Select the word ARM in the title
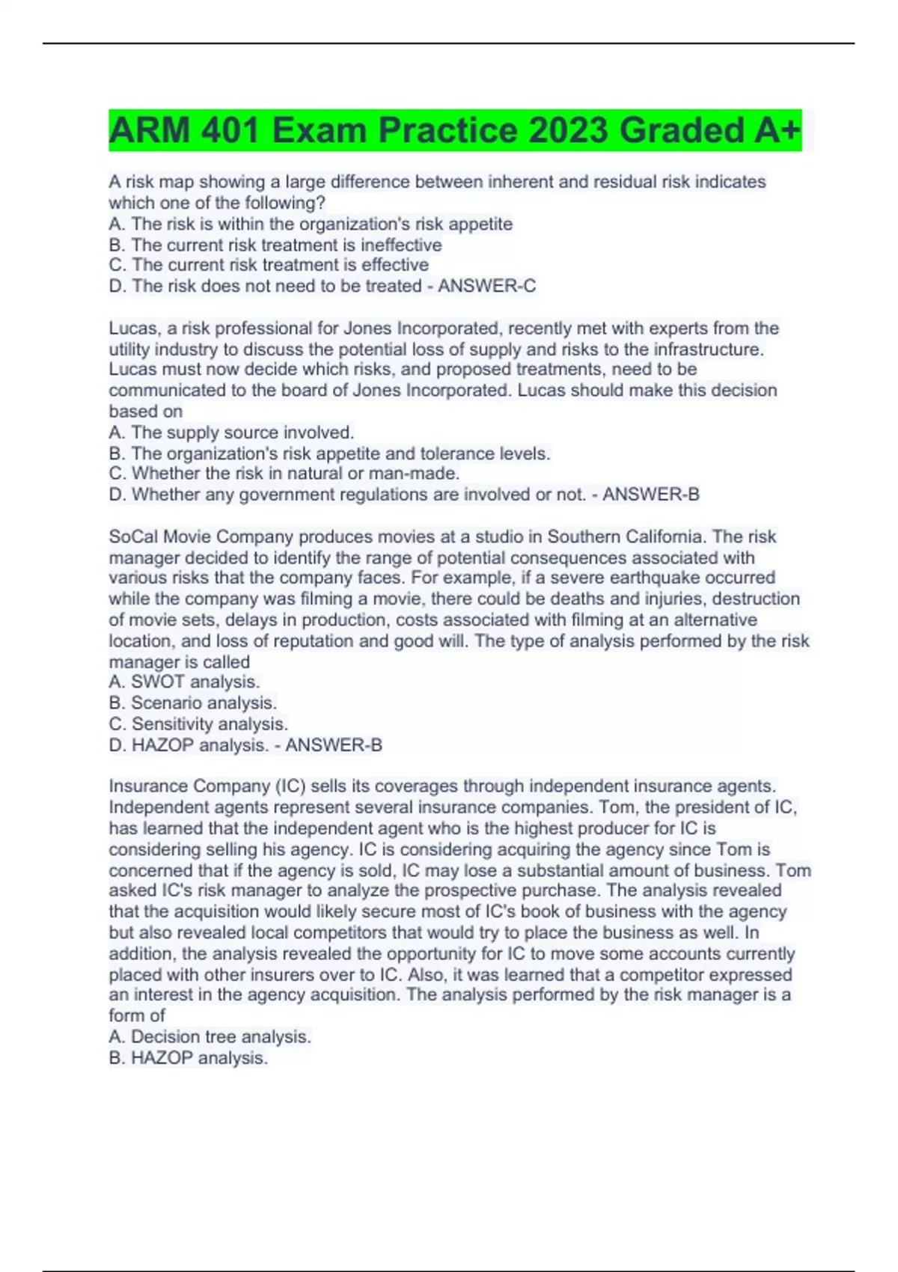[150, 131]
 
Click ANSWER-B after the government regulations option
[651, 495]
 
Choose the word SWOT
[158, 682]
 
